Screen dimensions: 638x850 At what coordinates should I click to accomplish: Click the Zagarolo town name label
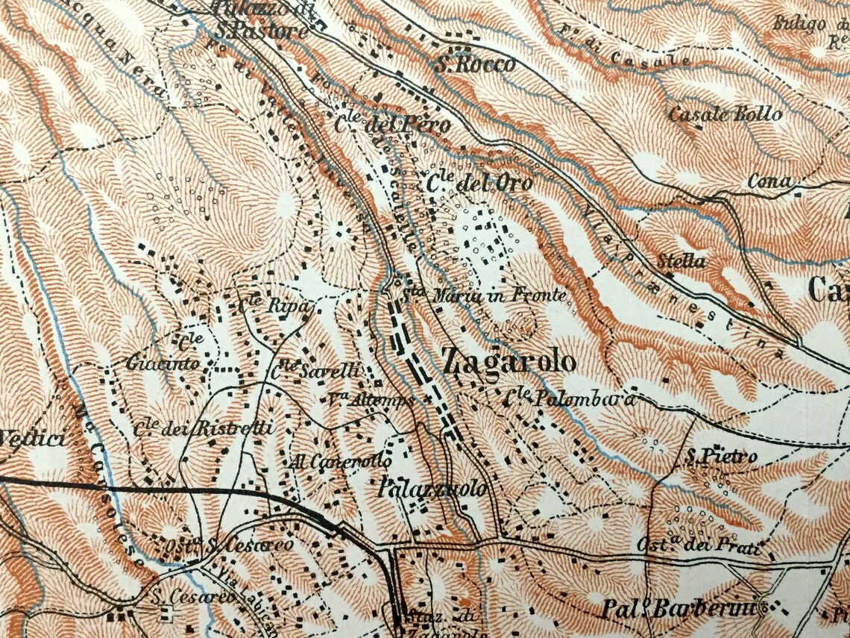point(509,362)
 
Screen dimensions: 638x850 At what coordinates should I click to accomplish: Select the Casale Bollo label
point(725,114)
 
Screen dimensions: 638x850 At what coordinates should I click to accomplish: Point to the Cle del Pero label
point(392,125)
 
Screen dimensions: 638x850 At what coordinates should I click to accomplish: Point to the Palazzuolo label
point(432,490)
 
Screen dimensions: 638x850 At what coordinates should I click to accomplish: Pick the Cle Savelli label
point(316,369)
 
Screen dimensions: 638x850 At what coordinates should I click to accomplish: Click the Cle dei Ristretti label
point(204,428)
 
